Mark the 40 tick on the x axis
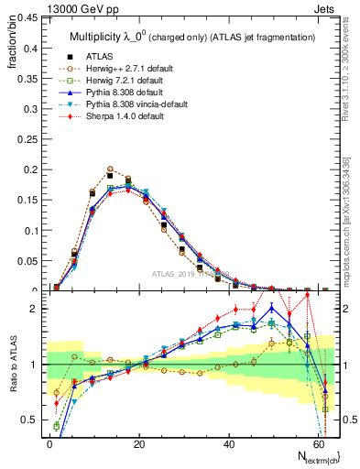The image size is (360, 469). (x=226, y=442)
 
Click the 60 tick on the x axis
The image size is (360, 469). (x=316, y=442)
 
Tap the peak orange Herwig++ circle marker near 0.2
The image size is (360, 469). (x=110, y=169)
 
